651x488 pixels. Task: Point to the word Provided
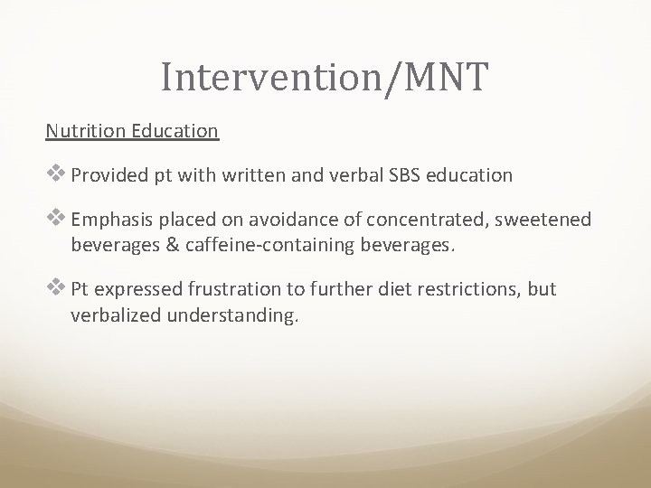click(109, 176)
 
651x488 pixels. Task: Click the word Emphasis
click(111, 220)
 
